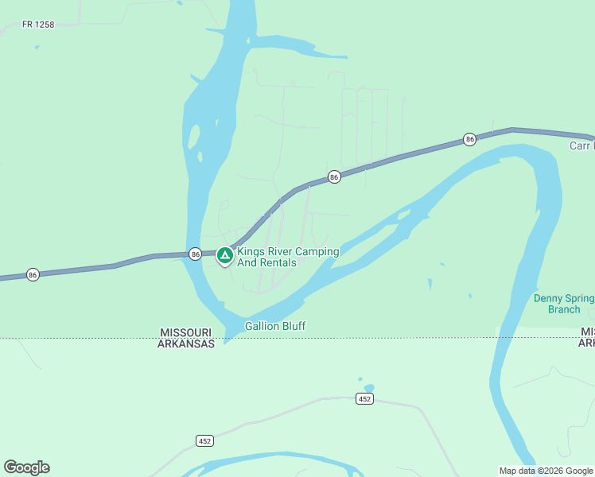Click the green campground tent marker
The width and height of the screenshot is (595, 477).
(224, 255)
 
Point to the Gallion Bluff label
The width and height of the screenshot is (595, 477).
(275, 326)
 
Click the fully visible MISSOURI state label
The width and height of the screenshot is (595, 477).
(185, 332)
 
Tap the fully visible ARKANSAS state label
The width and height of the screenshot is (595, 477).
(186, 344)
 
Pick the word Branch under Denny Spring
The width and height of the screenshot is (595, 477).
(564, 309)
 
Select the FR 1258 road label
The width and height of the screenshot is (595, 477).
(38, 25)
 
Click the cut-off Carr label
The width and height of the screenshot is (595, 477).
(581, 146)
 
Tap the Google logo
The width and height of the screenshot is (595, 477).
(26, 467)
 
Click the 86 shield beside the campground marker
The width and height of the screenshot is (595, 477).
(195, 254)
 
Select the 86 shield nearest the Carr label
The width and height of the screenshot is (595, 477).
(470, 139)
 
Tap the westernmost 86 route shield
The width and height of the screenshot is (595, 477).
(33, 274)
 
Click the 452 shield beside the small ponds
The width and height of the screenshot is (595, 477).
(364, 399)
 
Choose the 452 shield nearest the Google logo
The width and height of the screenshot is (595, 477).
(204, 440)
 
